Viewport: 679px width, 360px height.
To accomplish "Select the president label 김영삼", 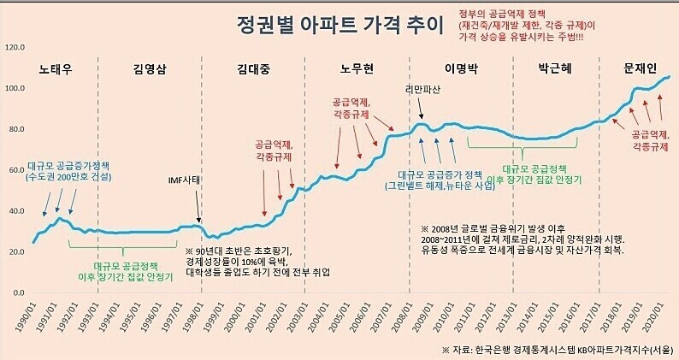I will pos(151,68).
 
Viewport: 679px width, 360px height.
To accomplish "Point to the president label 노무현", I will pos(357,68).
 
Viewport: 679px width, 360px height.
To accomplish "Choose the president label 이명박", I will pos(462,68).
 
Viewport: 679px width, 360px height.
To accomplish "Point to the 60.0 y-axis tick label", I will pos(16,170).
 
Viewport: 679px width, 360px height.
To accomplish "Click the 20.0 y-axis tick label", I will pos(16,251).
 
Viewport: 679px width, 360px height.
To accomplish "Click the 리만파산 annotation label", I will pos(423,90).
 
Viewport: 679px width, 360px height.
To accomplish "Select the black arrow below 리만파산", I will pos(421,108).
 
